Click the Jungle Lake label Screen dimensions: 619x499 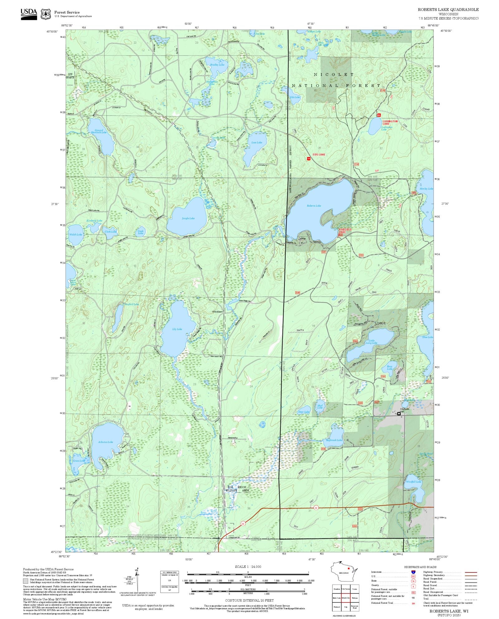(188, 218)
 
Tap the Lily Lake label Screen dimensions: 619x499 (177, 329)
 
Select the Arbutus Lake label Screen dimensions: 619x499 (105, 442)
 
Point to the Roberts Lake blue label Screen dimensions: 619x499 (314, 206)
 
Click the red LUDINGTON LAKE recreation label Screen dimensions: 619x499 (390, 122)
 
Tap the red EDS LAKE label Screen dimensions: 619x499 (319, 155)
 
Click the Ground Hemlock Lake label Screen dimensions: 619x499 (99, 132)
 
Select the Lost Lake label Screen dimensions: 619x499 (257, 142)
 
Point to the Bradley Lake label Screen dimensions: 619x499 (217, 65)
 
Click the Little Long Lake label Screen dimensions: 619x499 (371, 342)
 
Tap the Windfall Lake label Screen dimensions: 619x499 (414, 482)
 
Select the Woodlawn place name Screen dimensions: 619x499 (217, 312)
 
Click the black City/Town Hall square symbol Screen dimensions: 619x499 (399, 414)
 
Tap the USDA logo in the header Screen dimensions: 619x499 (29, 14)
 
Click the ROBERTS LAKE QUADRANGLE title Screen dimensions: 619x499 (448, 10)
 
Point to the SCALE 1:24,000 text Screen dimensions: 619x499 (248, 567)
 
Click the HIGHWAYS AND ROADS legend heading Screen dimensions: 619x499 (420, 567)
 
